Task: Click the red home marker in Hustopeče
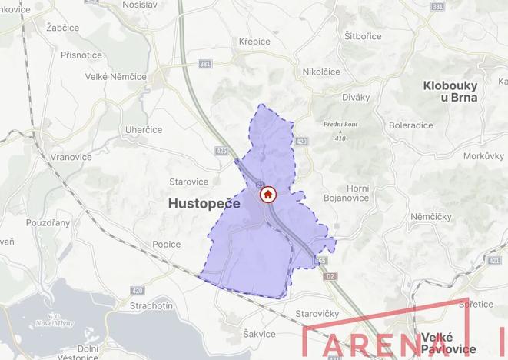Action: (x=267, y=195)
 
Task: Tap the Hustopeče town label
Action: (x=204, y=203)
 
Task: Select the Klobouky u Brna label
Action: (x=450, y=92)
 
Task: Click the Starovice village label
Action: (x=188, y=182)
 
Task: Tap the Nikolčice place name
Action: (x=321, y=72)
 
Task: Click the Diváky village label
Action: (x=356, y=97)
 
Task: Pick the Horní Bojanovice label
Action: (x=358, y=195)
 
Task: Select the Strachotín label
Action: (x=152, y=306)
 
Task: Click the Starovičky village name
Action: (x=317, y=314)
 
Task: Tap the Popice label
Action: (x=167, y=245)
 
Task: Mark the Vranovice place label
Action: (x=71, y=156)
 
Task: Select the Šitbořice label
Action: (x=364, y=35)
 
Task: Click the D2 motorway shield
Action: (x=331, y=275)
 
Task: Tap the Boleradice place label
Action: (x=411, y=125)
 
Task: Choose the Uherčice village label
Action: (x=143, y=130)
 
